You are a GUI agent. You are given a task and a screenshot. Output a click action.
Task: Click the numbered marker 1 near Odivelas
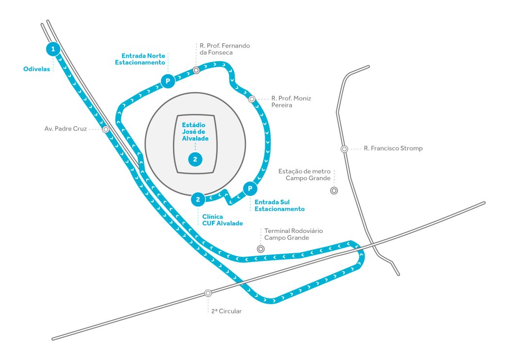click(53, 49)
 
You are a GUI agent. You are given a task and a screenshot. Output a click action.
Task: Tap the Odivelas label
click(37, 69)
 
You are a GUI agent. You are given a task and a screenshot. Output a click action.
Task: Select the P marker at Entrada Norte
click(168, 81)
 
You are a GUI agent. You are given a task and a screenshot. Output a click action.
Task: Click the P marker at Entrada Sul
click(249, 188)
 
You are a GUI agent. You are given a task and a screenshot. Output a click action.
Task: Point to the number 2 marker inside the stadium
click(195, 159)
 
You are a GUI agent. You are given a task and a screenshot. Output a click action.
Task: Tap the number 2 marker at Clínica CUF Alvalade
click(198, 199)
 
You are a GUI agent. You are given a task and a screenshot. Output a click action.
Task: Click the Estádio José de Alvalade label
click(195, 131)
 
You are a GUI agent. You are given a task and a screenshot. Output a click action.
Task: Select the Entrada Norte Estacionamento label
click(143, 59)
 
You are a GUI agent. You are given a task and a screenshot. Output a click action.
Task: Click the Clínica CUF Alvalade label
click(223, 220)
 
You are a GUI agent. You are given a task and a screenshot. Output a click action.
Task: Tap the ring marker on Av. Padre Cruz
click(105, 130)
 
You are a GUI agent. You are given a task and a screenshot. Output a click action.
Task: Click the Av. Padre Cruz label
click(65, 129)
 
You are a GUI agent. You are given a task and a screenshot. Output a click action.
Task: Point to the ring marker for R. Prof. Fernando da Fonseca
click(196, 70)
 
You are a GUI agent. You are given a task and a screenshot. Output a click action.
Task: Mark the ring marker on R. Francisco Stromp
click(344, 149)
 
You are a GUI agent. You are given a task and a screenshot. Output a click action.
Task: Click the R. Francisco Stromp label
click(393, 148)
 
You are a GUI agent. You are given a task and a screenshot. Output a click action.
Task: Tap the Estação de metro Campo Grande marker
click(334, 191)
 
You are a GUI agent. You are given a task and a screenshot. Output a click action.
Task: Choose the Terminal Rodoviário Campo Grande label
click(293, 234)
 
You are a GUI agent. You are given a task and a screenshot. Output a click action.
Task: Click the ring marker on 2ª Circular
click(208, 293)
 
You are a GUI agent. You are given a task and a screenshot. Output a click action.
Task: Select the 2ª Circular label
click(226, 311)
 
